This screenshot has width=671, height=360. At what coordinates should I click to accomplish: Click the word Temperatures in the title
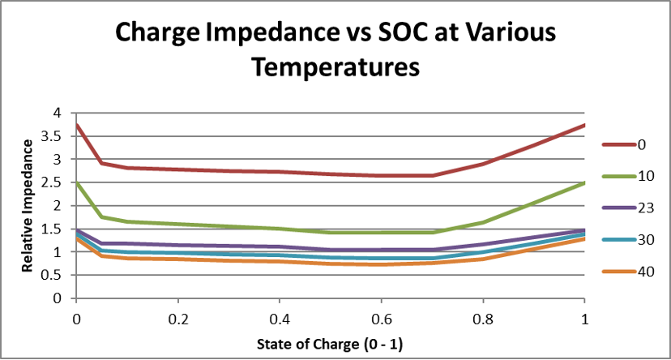click(x=335, y=66)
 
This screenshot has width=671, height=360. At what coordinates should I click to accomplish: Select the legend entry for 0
click(x=641, y=144)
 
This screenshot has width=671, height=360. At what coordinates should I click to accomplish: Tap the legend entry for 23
click(x=645, y=208)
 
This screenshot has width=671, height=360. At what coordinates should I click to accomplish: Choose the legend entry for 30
click(x=645, y=240)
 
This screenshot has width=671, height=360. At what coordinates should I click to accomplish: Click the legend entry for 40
click(x=645, y=272)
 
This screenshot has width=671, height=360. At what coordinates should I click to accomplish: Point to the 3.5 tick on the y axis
click(x=55, y=136)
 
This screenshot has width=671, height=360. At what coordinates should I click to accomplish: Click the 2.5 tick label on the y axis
click(x=55, y=182)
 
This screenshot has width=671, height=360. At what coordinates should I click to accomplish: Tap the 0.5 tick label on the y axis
click(x=55, y=275)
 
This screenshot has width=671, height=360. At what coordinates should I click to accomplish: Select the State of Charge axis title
click(x=330, y=343)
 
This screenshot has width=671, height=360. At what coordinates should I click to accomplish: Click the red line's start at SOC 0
click(x=76, y=125)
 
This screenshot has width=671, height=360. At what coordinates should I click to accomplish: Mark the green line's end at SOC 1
click(x=584, y=183)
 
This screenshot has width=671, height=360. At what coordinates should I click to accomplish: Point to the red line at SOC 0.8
click(x=483, y=164)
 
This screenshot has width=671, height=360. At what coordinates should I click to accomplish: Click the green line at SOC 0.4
click(x=280, y=229)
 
